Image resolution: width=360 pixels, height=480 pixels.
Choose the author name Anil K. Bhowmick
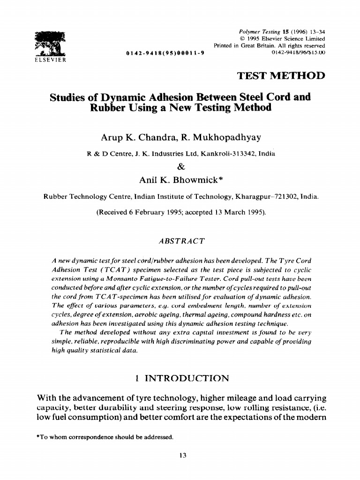coord(180,180)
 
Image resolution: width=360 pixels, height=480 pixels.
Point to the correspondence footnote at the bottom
coord(105,438)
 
